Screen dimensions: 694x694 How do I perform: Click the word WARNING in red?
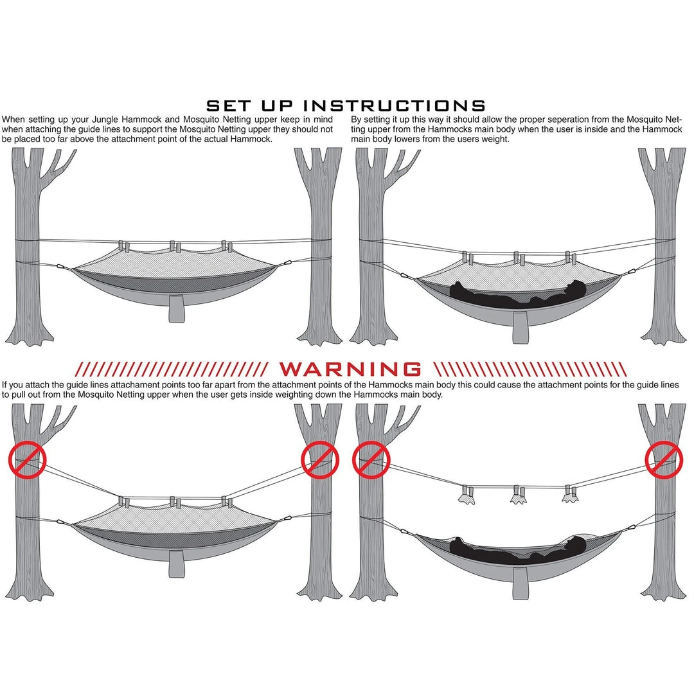coord(350,369)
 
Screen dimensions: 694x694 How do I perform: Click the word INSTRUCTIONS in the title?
coord(395,106)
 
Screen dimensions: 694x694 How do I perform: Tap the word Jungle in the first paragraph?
coord(105,120)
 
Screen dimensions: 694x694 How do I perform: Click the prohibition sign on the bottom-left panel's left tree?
coord(27,459)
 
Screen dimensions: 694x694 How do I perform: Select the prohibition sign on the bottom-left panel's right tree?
coord(320,459)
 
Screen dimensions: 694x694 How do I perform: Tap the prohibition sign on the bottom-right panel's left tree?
coord(371,459)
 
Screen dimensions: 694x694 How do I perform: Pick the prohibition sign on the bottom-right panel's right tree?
coord(663,459)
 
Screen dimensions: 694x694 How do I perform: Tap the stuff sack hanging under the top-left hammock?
coord(177,308)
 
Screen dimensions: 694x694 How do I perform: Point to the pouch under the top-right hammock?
coord(521,328)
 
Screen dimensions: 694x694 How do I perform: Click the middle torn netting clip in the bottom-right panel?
coord(519,494)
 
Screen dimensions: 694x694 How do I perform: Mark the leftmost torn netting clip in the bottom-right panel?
coord(467,495)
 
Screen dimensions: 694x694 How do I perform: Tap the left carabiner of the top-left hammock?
coord(61,267)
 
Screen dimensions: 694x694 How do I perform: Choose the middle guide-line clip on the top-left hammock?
coord(175,247)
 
